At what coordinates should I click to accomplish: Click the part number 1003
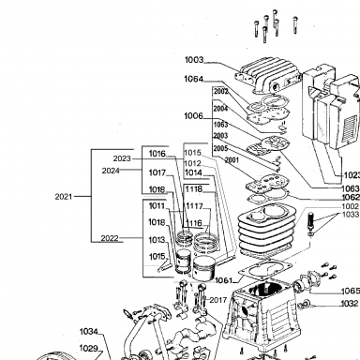194,60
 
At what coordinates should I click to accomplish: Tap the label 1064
194,79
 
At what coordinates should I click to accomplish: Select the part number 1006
193,116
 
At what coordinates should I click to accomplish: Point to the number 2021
64,197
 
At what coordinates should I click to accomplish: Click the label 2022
110,238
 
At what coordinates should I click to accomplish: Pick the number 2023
122,158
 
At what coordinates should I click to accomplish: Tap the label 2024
111,171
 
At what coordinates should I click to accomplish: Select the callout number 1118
194,189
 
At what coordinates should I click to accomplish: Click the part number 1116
194,223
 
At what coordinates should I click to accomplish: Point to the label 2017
218,300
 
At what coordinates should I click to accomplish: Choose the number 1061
224,280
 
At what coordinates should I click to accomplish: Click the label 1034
89,331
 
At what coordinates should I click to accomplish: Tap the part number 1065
351,291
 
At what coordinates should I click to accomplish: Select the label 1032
350,304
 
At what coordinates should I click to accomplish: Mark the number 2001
232,160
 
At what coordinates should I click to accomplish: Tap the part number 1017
157,172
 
